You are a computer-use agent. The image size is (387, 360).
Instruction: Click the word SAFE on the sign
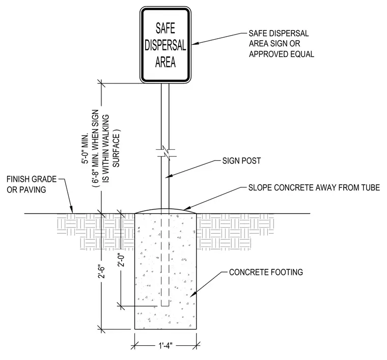tap(165, 28)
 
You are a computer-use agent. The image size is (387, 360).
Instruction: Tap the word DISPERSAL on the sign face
tap(165, 45)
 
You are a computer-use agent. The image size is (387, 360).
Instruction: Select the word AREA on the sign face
tap(165, 62)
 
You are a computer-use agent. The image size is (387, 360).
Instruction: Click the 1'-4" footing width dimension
tap(165, 345)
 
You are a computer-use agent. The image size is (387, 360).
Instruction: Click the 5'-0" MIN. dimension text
tap(85, 149)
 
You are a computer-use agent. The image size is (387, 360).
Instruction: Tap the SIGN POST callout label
tap(241, 161)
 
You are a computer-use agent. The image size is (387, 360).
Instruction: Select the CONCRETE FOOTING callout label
tap(266, 272)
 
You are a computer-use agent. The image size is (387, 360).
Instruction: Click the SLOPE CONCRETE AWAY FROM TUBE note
tap(314, 187)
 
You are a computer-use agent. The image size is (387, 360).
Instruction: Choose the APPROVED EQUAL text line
tap(282, 54)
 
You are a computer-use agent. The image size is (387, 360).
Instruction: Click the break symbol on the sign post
tap(166, 153)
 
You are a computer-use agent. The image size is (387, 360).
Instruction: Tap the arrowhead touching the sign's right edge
tap(195, 43)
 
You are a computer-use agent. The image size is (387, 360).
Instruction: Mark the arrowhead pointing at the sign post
tap(169, 176)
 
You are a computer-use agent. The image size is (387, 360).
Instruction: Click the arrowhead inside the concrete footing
tap(193, 294)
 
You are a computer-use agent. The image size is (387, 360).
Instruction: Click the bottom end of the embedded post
tap(165, 306)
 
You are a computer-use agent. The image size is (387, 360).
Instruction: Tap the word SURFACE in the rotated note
tap(116, 150)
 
